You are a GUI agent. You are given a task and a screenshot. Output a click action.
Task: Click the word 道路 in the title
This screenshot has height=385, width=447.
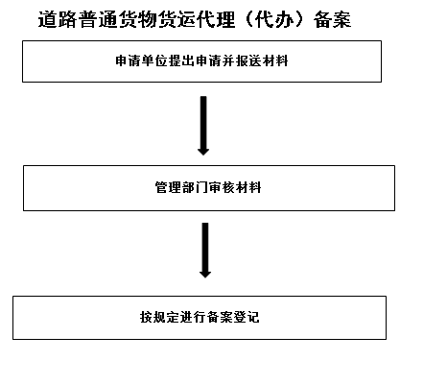click(x=58, y=19)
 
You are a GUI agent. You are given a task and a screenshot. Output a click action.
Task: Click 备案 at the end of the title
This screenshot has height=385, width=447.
click(x=333, y=19)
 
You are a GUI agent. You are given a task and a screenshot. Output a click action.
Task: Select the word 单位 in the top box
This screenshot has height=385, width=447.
click(x=155, y=60)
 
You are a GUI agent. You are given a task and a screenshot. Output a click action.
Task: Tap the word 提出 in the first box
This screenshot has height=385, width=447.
click(x=181, y=60)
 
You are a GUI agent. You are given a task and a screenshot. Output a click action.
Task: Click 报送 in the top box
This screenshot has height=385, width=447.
click(x=248, y=60)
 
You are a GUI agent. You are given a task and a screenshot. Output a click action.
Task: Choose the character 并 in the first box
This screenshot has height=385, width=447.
click(x=228, y=60)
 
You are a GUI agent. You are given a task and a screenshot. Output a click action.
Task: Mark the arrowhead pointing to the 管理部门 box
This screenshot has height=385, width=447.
click(x=203, y=152)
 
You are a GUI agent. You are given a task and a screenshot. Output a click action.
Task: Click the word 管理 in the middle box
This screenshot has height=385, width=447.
click(x=168, y=187)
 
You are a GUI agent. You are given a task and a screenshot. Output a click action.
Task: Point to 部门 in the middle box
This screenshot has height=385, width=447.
click(x=195, y=187)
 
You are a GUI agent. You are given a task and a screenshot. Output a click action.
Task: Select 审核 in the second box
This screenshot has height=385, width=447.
click(x=222, y=187)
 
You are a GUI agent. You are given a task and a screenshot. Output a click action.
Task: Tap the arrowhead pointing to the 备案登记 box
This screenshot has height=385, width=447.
click(x=205, y=275)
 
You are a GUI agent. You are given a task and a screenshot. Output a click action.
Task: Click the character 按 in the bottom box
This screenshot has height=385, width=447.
click(x=147, y=317)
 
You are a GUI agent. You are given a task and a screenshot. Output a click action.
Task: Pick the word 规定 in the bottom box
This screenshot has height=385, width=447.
click(x=167, y=317)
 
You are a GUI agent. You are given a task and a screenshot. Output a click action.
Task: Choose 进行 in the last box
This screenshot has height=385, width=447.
click(x=194, y=317)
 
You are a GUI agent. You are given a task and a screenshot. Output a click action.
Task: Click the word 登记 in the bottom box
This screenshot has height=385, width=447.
click(x=247, y=317)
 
